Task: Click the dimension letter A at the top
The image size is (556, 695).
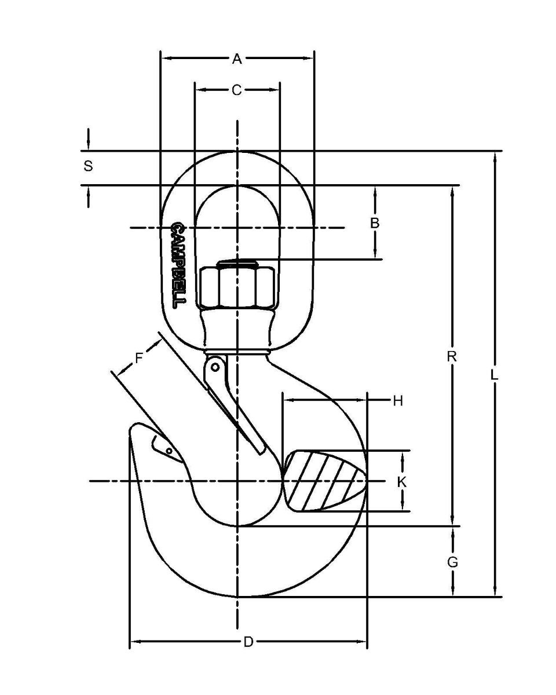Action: pos(237,58)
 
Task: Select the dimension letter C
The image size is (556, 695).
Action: pos(237,90)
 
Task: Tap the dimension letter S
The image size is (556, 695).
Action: pos(88,166)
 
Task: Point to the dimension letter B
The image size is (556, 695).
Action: pos(375,222)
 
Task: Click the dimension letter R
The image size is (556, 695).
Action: pos(452,356)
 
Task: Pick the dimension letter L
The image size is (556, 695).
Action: pos(494,375)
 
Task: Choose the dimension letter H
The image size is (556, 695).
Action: pos(397,400)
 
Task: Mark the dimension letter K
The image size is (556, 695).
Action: pos(402,481)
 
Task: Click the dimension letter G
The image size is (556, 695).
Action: pos(453,561)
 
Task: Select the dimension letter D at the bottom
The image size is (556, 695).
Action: pos(248,642)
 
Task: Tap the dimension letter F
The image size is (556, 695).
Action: pos(139,357)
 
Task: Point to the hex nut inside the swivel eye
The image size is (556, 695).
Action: pos(237,286)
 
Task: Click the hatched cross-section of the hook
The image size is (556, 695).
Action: pos(324,481)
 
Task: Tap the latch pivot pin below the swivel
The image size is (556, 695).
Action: pos(215,367)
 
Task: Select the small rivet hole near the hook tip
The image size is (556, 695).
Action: pos(169,451)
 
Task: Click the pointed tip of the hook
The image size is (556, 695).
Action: pos(133,430)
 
